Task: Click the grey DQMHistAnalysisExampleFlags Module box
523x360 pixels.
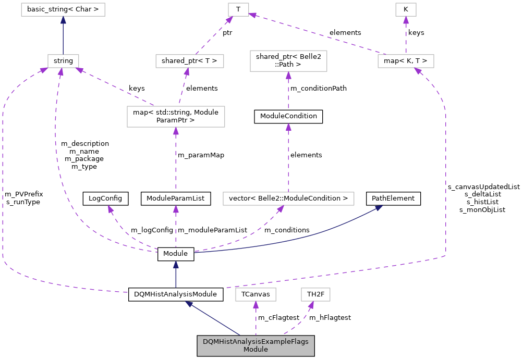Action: click(x=256, y=345)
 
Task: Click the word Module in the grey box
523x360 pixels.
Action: click(x=256, y=350)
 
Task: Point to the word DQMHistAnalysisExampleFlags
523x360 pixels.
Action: click(x=256, y=342)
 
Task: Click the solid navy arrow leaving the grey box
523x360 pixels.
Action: click(x=214, y=319)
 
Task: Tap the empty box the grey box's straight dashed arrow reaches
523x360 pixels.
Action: click(x=256, y=294)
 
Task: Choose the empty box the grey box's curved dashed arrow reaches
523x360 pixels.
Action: click(x=315, y=294)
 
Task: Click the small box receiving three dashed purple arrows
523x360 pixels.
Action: click(x=63, y=61)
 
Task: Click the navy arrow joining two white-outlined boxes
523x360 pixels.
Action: click(x=63, y=36)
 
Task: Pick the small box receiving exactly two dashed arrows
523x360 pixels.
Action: click(x=238, y=9)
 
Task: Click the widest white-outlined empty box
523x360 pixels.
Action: click(x=288, y=198)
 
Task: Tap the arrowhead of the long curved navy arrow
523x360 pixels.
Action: click(x=379, y=207)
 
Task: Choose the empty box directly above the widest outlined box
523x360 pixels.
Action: click(x=288, y=61)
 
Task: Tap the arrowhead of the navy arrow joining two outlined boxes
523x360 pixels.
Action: click(x=63, y=20)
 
